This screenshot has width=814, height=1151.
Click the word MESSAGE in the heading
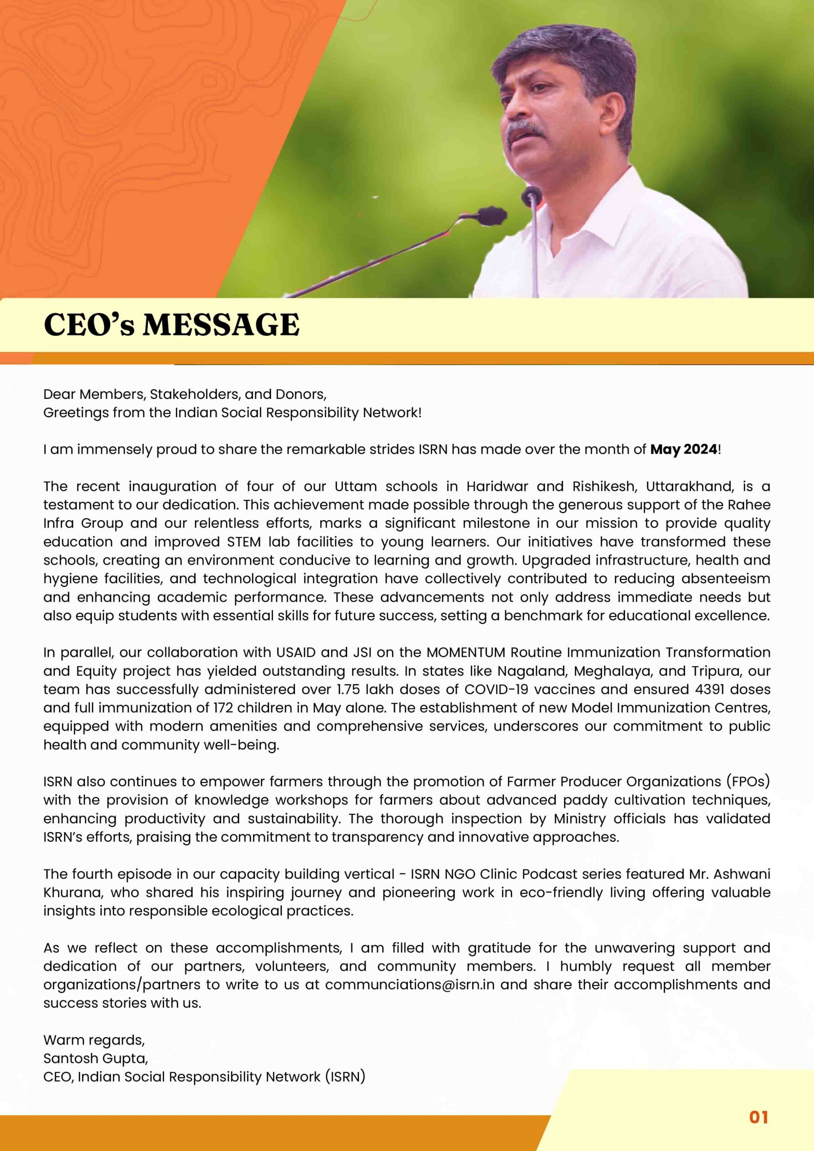[221, 325]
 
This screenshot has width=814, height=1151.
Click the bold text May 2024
[683, 449]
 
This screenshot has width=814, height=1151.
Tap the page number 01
[758, 1117]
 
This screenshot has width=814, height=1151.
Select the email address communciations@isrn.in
[410, 984]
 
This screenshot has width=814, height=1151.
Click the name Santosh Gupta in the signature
[95, 1058]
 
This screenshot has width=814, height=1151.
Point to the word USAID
[296, 652]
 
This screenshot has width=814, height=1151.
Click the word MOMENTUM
[466, 652]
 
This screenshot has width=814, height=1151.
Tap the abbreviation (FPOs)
[748, 781]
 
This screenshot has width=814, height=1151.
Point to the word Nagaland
[532, 671]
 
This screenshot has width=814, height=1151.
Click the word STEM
[243, 541]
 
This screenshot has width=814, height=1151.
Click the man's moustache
[525, 130]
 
